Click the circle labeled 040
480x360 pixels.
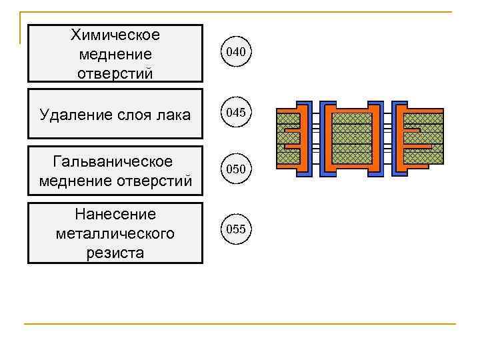pos(236,51)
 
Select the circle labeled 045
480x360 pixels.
pos(236,113)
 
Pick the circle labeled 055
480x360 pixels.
pos(236,229)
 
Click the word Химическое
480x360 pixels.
pos(115,34)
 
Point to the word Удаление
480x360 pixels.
pos(71,115)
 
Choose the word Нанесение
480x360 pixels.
pos(115,214)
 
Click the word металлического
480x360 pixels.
pos(115,233)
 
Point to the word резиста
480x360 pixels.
pos(115,253)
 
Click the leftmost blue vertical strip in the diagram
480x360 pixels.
pos(308,140)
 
